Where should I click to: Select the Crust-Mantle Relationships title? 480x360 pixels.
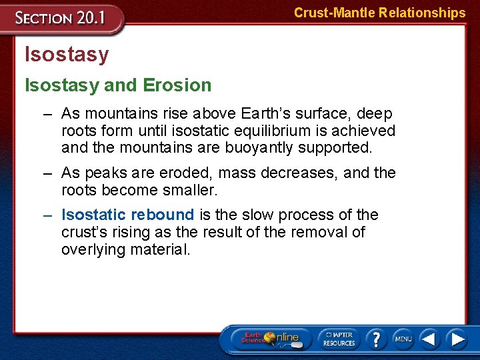379,13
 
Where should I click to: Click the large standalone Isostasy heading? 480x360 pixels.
66,54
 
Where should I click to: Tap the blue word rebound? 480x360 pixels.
163,215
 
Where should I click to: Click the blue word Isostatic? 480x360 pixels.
93,215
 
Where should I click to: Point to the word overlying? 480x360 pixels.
95,249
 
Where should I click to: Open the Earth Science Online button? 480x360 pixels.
272,338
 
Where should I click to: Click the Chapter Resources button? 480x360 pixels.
339,338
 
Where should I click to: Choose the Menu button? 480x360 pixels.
403,339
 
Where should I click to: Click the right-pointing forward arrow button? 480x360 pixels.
457,339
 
